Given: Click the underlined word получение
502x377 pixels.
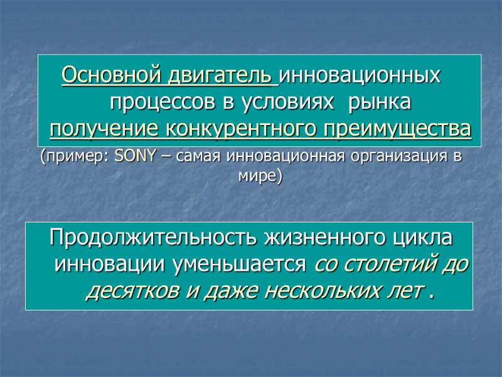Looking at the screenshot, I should coord(104,129).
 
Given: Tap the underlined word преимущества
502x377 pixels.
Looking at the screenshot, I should coord(395,129).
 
